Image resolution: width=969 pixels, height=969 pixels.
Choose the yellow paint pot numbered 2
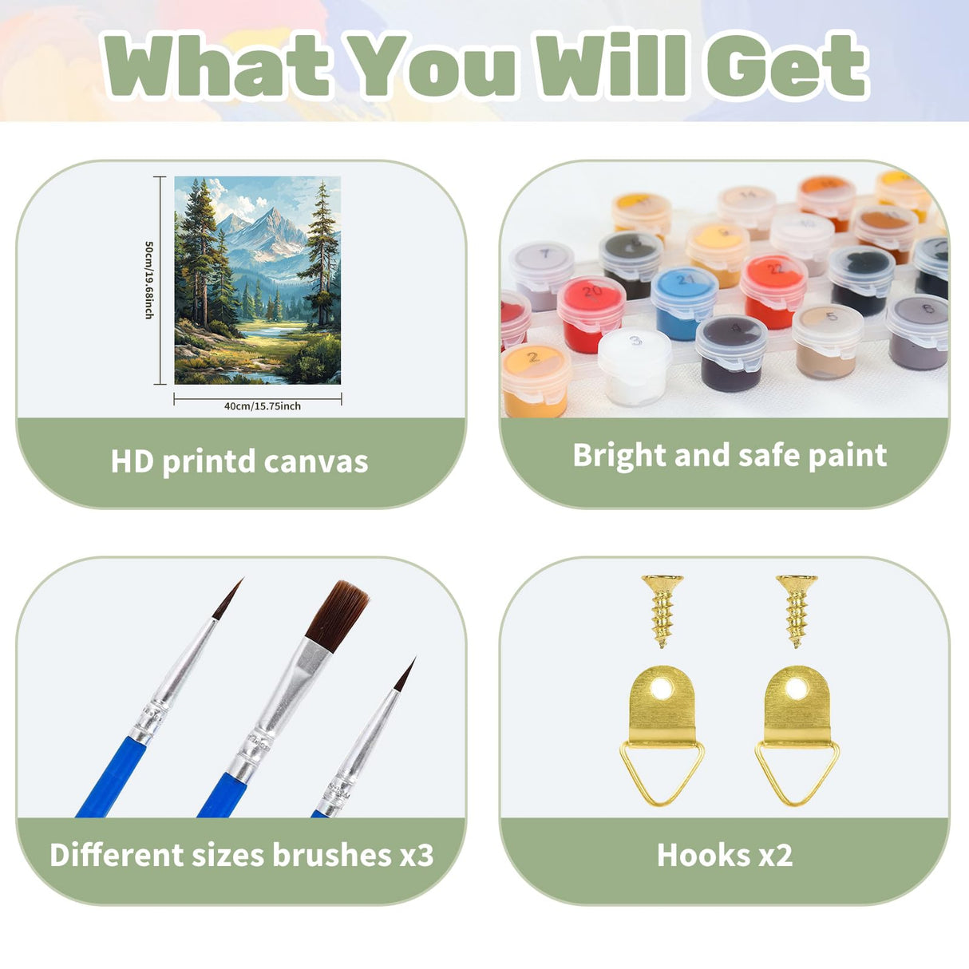tap(535, 378)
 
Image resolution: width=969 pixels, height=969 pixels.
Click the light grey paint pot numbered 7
tap(542, 273)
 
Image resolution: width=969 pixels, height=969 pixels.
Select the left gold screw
tap(662, 608)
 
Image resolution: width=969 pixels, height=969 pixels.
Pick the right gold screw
tap(796, 608)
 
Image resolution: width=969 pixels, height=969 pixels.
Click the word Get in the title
tap(786, 65)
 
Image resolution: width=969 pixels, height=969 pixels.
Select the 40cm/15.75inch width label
tap(262, 406)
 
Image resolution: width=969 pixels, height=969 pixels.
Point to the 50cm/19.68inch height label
tap(148, 279)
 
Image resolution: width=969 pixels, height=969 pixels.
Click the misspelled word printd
tap(209, 461)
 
